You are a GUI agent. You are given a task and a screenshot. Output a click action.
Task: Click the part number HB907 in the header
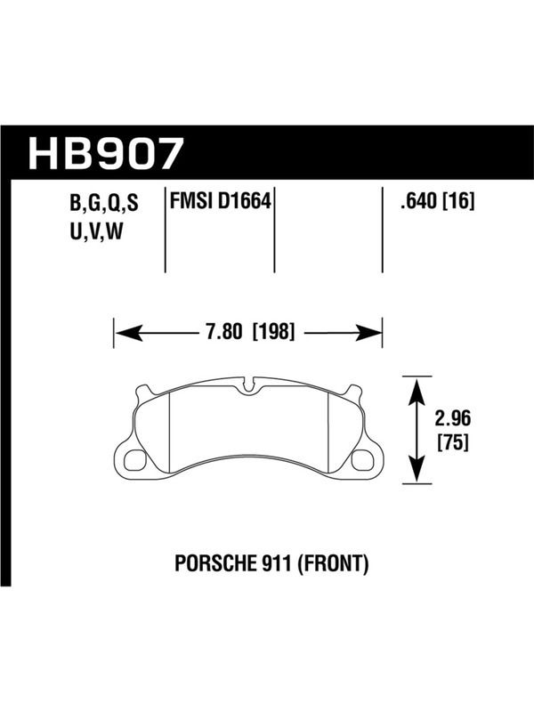pyautogui.click(x=106, y=153)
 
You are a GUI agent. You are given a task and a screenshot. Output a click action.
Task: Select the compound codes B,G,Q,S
pyautogui.click(x=104, y=205)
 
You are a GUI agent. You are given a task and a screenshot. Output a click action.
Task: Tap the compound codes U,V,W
pyautogui.click(x=96, y=232)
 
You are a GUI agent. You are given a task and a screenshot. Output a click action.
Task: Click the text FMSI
pyautogui.click(x=190, y=201)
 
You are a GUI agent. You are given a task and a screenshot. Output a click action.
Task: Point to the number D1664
pyautogui.click(x=244, y=201)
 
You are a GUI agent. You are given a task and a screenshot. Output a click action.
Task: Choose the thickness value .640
pyautogui.click(x=418, y=201)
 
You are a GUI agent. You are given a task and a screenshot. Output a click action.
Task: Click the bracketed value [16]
pyautogui.click(x=459, y=201)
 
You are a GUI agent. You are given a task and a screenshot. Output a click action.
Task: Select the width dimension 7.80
pyautogui.click(x=224, y=332)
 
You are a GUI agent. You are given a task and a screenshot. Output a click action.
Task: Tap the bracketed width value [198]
pyautogui.click(x=274, y=332)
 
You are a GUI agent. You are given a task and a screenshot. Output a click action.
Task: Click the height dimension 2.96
pyautogui.click(x=453, y=418)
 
